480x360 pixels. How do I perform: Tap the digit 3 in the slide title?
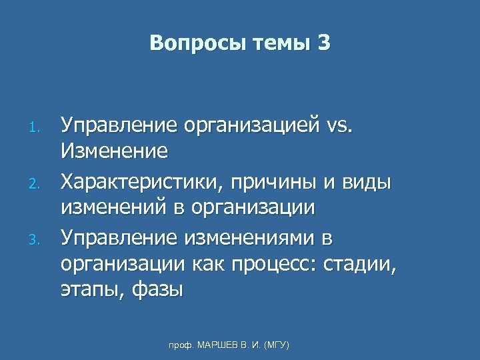coord(324,43)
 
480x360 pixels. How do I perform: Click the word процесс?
coord(273,265)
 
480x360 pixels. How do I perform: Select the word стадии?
coord(359,265)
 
